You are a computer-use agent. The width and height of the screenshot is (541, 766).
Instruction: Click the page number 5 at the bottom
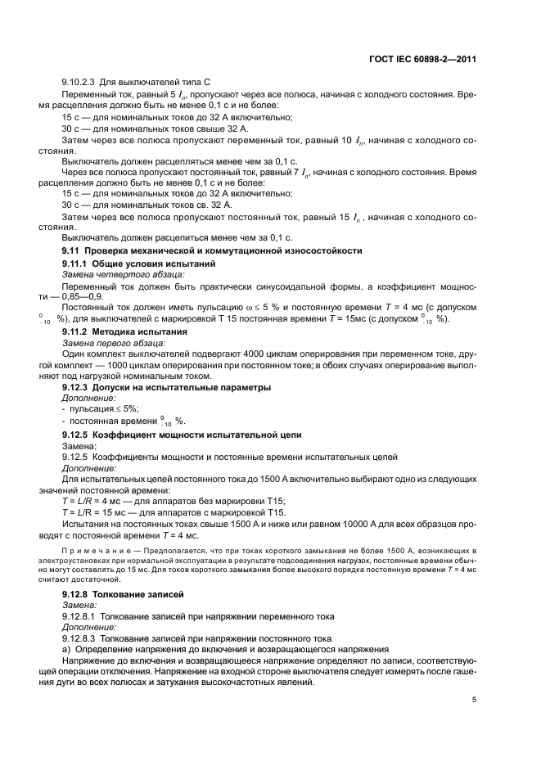476,700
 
